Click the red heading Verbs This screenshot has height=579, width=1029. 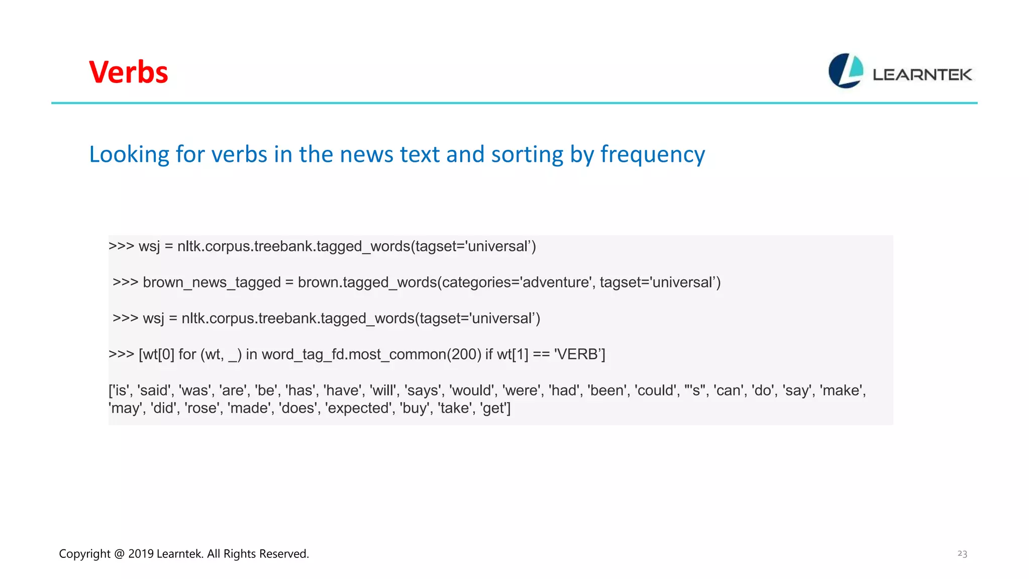(x=129, y=72)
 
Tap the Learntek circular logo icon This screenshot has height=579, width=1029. (x=846, y=71)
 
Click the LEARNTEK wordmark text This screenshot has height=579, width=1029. (x=922, y=75)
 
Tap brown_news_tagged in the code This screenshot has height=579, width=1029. (x=212, y=282)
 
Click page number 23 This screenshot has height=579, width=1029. (x=962, y=554)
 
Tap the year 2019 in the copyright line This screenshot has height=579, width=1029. (x=141, y=554)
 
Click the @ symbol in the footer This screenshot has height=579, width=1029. (x=119, y=554)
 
